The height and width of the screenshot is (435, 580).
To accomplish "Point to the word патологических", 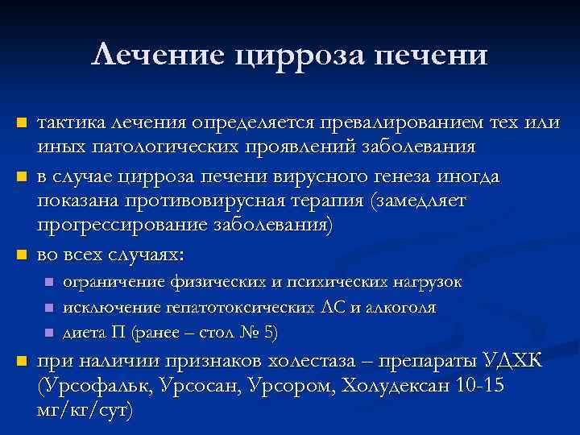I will [x=158, y=148].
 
